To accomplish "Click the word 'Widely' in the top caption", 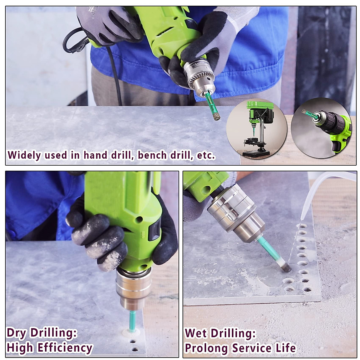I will point(24,155).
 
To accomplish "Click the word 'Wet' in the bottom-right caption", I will point(196,333).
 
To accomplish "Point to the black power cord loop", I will point(73,42).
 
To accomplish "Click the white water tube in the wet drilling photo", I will point(315,192).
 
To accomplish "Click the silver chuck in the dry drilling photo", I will point(133,288).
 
